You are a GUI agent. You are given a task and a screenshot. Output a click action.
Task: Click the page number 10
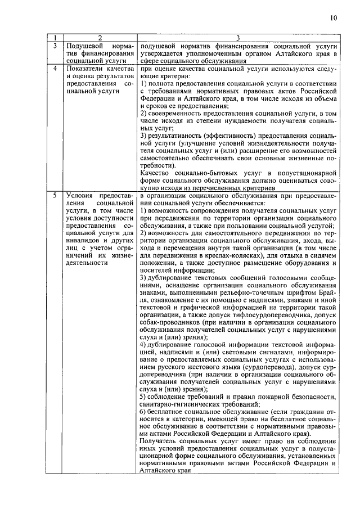point(334,18)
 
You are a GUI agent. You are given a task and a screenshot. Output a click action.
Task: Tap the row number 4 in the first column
point(55,69)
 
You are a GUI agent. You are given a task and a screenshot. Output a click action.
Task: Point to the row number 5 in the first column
point(55,195)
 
